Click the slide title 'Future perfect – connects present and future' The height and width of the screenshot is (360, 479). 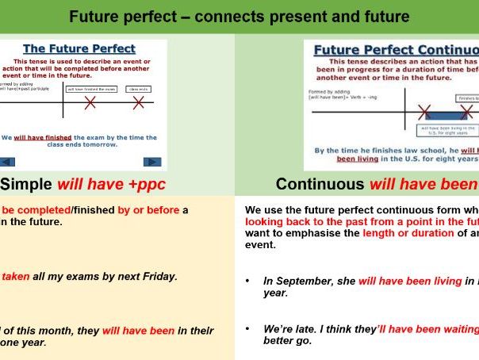(239, 16)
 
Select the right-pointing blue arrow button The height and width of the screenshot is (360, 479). (152, 162)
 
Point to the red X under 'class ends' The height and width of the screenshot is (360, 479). (139, 103)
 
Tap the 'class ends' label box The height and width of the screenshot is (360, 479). (139, 90)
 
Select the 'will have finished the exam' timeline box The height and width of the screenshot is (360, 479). (90, 90)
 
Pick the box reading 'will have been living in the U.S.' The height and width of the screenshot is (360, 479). (448, 130)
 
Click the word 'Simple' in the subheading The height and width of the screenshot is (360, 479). (25, 185)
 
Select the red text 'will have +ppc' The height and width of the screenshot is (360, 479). (102, 185)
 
